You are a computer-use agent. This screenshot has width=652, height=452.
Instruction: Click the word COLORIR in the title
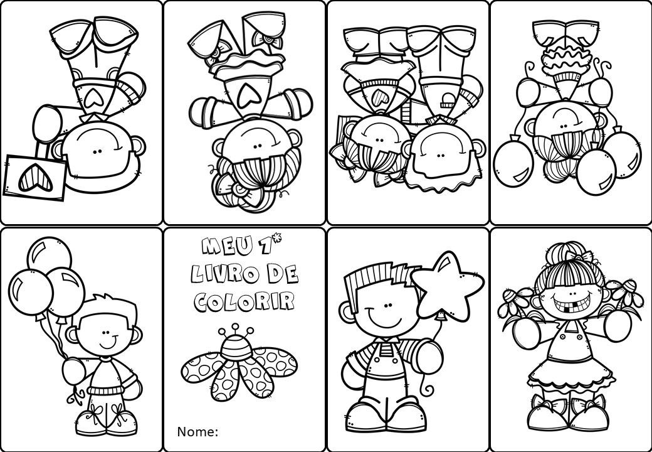[x=244, y=301]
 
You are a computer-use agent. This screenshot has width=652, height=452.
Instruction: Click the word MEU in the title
[x=226, y=245]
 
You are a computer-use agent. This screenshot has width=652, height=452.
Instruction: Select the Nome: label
[x=197, y=432]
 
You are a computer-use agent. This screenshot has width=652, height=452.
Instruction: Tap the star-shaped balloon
[x=448, y=284]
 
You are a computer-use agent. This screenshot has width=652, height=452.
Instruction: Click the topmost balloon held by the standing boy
[x=49, y=254]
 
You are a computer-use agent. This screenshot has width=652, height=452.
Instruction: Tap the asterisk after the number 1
[x=277, y=239]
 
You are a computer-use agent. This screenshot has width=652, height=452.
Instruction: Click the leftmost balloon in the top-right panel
[x=513, y=163]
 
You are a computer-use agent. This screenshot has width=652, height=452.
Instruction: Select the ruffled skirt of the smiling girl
[x=570, y=376]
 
